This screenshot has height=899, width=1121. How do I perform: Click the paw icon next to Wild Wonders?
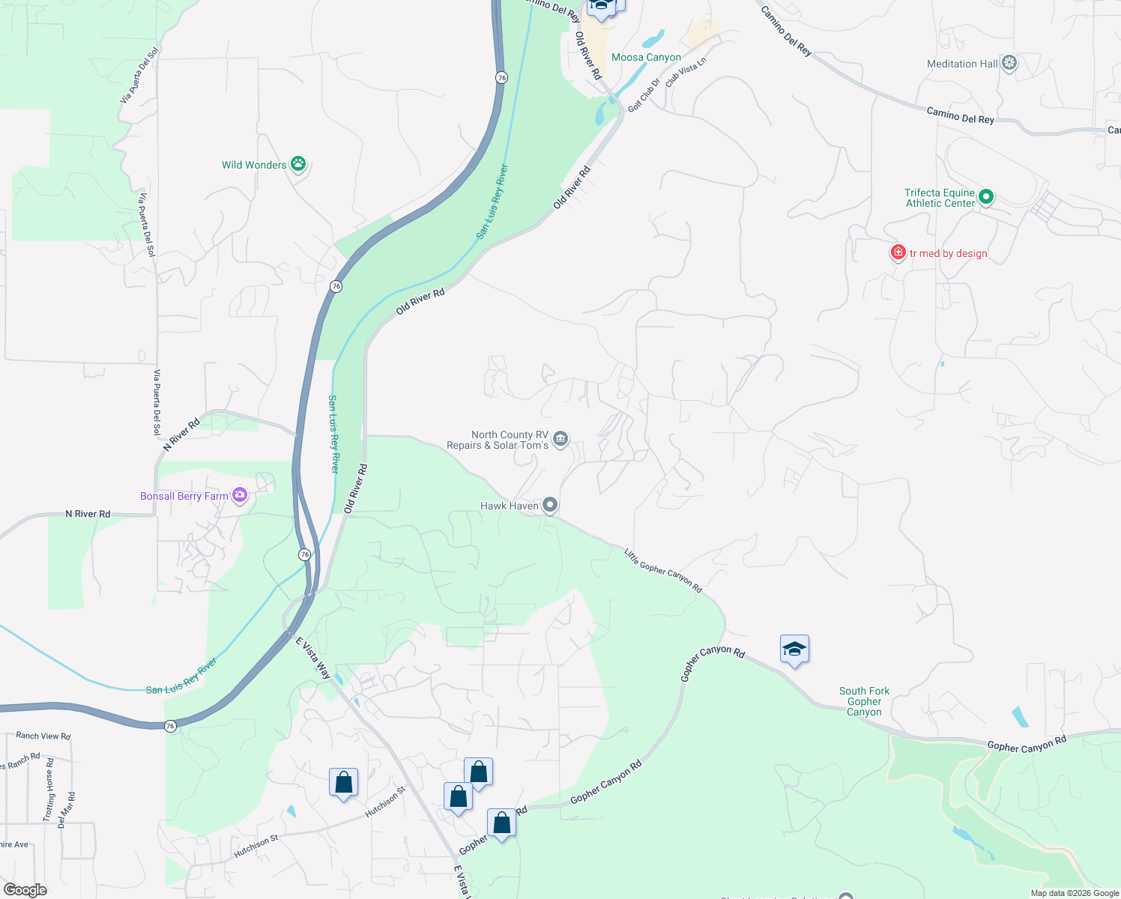(x=298, y=164)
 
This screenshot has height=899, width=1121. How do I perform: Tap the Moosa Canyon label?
(x=646, y=58)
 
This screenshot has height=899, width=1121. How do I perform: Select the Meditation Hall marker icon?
(x=1009, y=64)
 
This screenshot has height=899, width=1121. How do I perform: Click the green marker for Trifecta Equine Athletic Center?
(x=986, y=197)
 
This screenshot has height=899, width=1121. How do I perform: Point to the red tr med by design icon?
(x=898, y=252)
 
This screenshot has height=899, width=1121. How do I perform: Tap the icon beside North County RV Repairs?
(x=560, y=439)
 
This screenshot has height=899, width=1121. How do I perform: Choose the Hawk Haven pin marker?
(x=550, y=506)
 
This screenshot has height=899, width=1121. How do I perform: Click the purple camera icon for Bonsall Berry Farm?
(x=239, y=495)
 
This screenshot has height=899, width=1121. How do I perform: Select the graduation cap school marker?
(x=794, y=650)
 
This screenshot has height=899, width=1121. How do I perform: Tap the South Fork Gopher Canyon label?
(x=864, y=701)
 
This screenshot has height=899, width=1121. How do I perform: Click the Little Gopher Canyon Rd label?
(x=663, y=570)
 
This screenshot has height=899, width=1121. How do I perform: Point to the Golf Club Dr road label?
(x=644, y=95)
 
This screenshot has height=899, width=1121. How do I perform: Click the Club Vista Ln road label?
(x=686, y=73)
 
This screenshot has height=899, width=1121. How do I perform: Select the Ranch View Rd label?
(x=43, y=736)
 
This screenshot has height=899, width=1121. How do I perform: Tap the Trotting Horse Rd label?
(x=49, y=790)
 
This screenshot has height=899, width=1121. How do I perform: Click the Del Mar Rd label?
(x=67, y=809)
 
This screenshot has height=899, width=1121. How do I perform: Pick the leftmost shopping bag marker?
(x=343, y=783)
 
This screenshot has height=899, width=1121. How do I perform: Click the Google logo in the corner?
(x=25, y=890)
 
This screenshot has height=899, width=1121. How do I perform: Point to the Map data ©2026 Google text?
(x=1075, y=893)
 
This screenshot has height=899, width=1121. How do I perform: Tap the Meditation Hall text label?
(x=962, y=64)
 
